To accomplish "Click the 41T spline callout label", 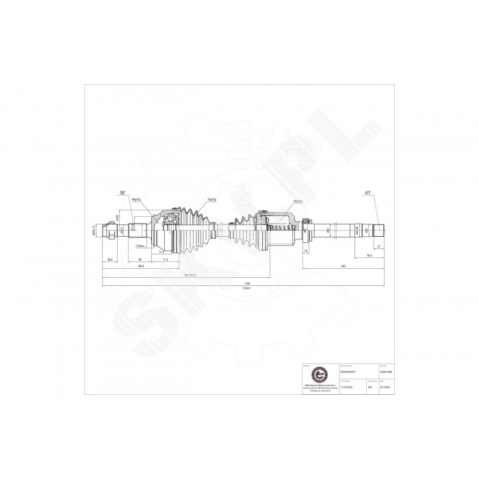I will click(367, 194).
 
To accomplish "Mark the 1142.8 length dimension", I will click(247, 288).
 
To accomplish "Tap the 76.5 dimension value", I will click(367, 255).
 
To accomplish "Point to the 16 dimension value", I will click(306, 250).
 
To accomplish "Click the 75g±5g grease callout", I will click(211, 200).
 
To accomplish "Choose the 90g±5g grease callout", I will click(136, 200).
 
